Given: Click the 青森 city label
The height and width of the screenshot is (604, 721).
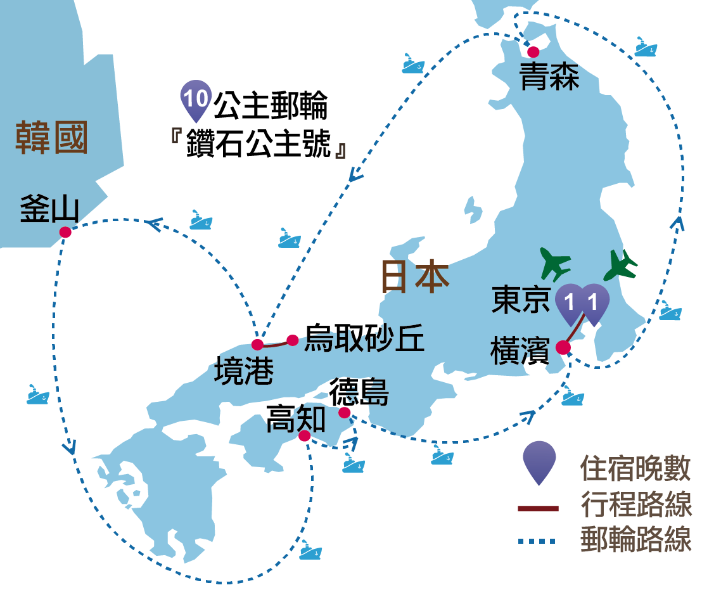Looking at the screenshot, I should (549, 78).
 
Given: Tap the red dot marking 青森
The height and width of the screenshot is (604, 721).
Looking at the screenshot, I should (533, 51).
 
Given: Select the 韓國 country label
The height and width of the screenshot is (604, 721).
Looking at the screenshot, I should (51, 138).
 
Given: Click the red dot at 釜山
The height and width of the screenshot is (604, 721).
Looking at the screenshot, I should (65, 233).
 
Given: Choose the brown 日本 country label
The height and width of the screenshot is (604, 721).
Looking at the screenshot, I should (414, 277).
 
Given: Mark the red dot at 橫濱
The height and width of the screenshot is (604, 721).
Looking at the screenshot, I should (563, 347).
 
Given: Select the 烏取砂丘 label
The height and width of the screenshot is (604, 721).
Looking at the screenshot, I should (364, 339).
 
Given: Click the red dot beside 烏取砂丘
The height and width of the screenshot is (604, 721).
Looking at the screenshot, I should (293, 340).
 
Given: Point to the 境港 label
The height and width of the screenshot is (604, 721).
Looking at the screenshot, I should (244, 371).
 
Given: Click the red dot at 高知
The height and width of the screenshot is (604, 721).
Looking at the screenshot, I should (305, 436).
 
